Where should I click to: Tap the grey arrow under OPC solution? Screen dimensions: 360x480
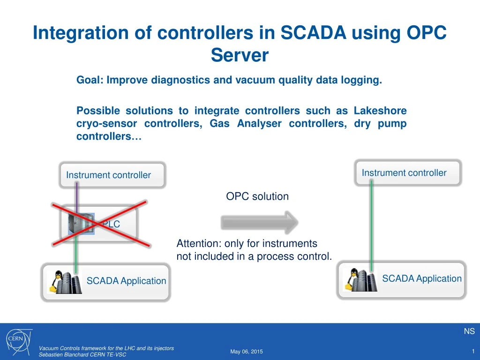click(259, 222)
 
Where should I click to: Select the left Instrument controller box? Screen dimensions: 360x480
click(112, 175)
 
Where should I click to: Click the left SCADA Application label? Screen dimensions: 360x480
click(126, 281)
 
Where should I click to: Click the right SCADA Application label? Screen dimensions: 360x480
click(421, 279)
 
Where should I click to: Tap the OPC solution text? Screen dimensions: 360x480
click(257, 196)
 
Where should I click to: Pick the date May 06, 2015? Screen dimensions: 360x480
click(247, 352)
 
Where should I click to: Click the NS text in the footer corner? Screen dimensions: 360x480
click(469, 331)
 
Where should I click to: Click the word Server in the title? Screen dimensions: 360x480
click(240, 55)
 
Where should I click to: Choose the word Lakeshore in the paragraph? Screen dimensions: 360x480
click(380, 111)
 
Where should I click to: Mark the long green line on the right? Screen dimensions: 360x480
click(371, 225)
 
